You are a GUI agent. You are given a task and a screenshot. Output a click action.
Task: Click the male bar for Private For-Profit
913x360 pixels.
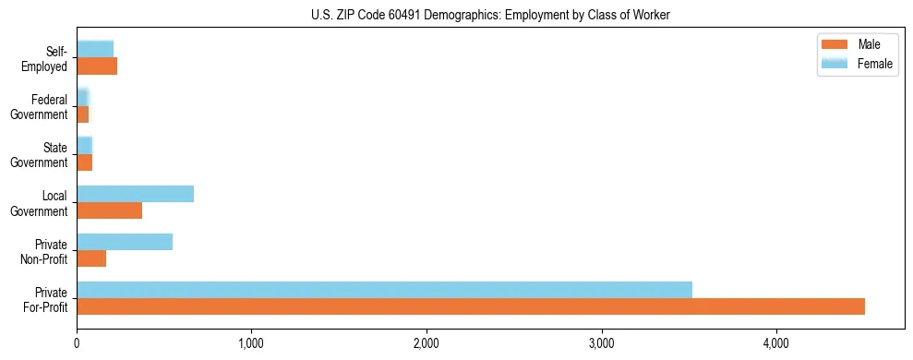point(471,306)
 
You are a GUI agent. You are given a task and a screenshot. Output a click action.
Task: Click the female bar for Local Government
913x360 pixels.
point(135,194)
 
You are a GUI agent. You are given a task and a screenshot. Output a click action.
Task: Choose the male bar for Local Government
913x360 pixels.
point(109,210)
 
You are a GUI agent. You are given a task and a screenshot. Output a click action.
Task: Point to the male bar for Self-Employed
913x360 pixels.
point(97,66)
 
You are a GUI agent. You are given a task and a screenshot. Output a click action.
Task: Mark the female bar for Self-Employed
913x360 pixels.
point(95,50)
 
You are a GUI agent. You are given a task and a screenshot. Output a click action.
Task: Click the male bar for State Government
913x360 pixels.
point(84,162)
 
